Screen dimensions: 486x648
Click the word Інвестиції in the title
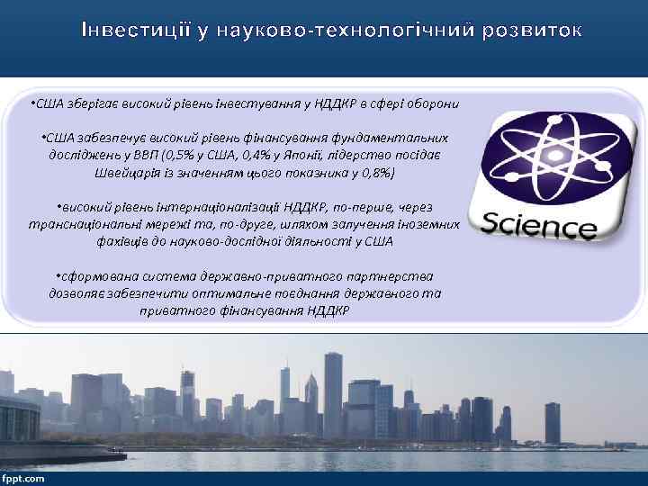pos(132,30)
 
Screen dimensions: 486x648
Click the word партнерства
pos(392,275)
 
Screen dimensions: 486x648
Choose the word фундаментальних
pos(391,137)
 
